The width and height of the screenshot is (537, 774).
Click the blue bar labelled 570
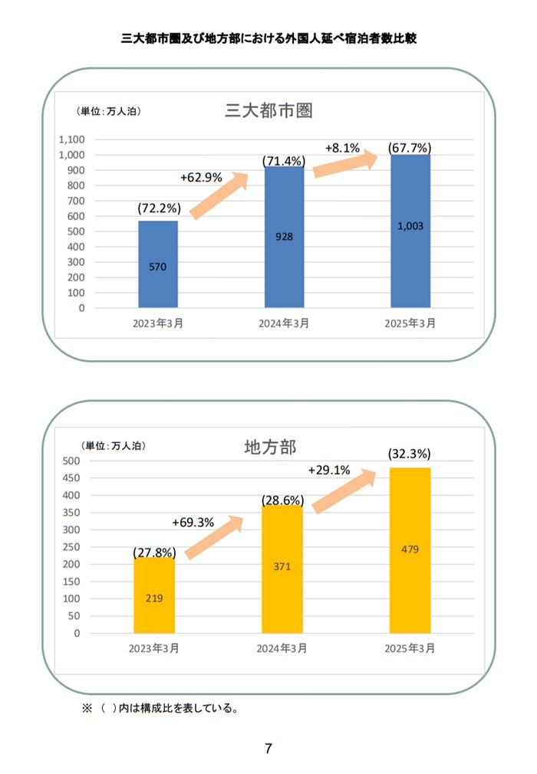pyautogui.click(x=158, y=264)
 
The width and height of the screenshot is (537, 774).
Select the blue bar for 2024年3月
pyautogui.click(x=285, y=237)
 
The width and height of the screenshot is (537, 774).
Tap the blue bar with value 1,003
pyautogui.click(x=410, y=230)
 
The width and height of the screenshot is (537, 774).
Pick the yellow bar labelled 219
pyautogui.click(x=154, y=595)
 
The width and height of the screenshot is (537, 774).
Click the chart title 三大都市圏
pyautogui.click(x=268, y=111)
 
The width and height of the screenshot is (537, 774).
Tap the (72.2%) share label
pyautogui.click(x=159, y=208)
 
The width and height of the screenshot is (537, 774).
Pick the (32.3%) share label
pyautogui.click(x=410, y=454)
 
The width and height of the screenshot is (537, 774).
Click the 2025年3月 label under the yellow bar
pyautogui.click(x=410, y=648)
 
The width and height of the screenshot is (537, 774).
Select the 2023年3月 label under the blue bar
pyautogui.click(x=158, y=323)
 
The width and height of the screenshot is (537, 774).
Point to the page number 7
pyautogui.click(x=268, y=749)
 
